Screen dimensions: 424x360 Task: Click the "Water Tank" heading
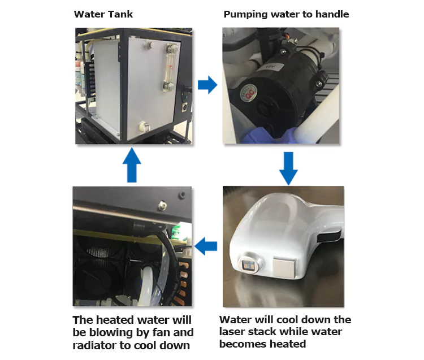(103, 14)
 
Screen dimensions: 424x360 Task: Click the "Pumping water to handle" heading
(286, 14)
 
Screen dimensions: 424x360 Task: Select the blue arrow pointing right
(207, 85)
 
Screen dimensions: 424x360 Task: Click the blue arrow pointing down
(288, 168)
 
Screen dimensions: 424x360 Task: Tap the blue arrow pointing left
(206, 246)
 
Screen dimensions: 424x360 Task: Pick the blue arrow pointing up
(132, 165)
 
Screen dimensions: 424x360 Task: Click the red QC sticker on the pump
(248, 93)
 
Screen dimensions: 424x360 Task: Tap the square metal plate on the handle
(284, 267)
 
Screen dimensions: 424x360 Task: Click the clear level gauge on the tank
(170, 68)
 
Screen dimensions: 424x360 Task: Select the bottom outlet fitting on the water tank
(144, 126)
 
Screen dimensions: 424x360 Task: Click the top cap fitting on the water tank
(148, 45)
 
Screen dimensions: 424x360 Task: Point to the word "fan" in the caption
(162, 332)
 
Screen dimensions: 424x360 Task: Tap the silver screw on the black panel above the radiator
(162, 205)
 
